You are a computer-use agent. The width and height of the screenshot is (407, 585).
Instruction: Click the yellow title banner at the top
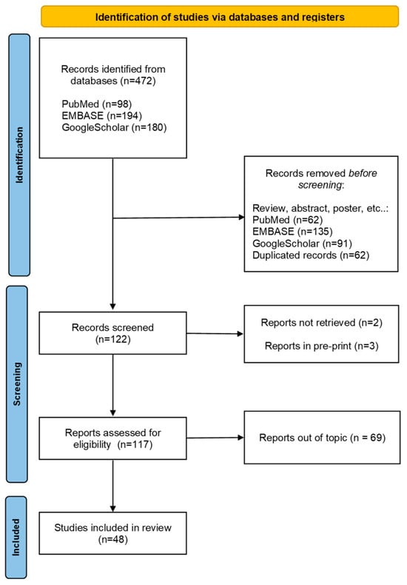pos(220,16)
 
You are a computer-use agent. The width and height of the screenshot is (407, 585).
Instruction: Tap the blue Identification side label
pos(19,155)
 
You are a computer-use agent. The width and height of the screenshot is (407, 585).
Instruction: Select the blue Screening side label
pos(17,384)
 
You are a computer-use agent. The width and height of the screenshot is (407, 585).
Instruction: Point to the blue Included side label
pos(16,538)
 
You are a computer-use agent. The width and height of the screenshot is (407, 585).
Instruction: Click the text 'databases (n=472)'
pos(113,81)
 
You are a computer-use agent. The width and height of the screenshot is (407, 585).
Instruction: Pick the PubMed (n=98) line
pos(96,104)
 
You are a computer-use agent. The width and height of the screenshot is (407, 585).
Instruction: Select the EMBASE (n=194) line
pos(102,116)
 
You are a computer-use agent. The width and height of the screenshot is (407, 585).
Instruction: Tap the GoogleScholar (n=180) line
pos(114,127)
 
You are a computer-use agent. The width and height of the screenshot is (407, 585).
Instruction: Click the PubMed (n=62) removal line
pos(287,220)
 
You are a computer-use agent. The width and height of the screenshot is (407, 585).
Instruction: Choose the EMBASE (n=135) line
pos(292,232)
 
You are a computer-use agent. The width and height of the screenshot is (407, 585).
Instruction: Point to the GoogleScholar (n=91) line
pos(302,244)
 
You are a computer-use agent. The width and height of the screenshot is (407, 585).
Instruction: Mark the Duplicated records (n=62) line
pos(311,255)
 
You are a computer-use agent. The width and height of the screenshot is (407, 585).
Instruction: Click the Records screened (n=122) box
pos(113,333)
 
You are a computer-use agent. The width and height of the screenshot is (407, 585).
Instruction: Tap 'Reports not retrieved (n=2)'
pos(321,323)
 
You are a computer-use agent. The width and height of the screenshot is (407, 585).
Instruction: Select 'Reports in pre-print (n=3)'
pos(321,347)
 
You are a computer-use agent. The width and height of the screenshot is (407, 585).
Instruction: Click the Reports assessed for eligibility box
pos(113,438)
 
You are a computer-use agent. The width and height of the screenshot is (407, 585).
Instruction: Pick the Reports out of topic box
pos(322,438)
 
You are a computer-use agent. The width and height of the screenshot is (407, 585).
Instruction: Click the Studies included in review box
pos(113,533)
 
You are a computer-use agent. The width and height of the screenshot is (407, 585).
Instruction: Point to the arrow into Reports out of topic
pos(215,438)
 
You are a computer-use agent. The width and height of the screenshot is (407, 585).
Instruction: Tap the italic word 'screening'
pos(320,185)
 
